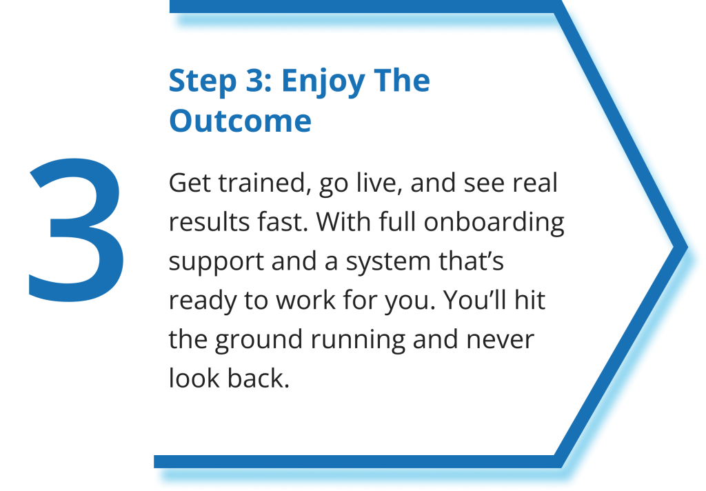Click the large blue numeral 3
point(77,230)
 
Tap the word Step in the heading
point(203,81)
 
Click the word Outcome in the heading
point(240,121)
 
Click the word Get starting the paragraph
point(190,183)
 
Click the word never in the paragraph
point(500,340)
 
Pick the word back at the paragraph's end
point(258,378)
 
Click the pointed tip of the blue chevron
point(687,247)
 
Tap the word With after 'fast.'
point(343,221)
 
